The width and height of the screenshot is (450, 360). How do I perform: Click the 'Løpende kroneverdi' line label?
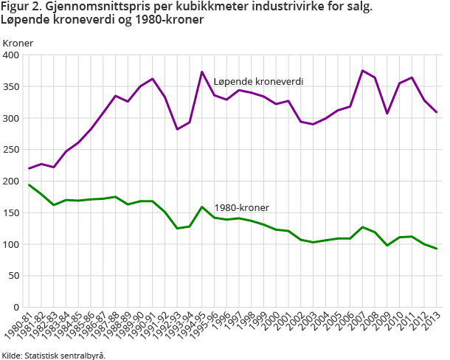pyautogui.click(x=258, y=81)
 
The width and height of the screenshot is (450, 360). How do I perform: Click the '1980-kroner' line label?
pyautogui.click(x=241, y=208)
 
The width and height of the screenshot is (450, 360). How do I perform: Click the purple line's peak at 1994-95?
pyautogui.click(x=202, y=72)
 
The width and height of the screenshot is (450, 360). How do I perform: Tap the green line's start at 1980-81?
pyautogui.click(x=30, y=184)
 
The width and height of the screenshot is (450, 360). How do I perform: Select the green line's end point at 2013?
pyautogui.click(x=436, y=249)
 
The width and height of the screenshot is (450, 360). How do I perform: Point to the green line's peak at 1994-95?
pyautogui.click(x=202, y=207)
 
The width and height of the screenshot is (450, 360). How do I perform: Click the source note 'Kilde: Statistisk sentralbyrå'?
pyautogui.click(x=53, y=355)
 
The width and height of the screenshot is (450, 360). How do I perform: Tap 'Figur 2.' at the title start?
pyautogui.click(x=20, y=7)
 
